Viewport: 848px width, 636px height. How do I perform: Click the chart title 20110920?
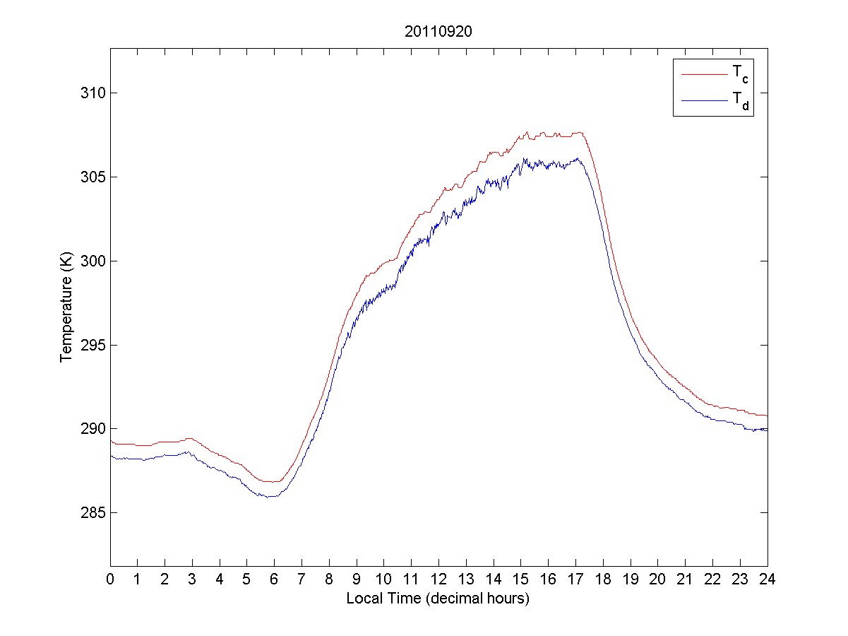click(438, 32)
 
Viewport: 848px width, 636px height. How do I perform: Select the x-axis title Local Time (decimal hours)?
click(438, 599)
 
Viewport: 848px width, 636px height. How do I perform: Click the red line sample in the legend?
click(703, 73)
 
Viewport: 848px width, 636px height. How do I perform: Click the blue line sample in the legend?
click(703, 102)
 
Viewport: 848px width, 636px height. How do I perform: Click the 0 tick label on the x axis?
click(110, 579)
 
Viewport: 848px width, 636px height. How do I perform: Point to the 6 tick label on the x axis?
click(275, 579)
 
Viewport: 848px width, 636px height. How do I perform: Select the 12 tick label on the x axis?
click(438, 579)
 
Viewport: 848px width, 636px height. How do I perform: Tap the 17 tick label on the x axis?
click(575, 579)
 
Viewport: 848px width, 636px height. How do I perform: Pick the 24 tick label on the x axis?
click(768, 579)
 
